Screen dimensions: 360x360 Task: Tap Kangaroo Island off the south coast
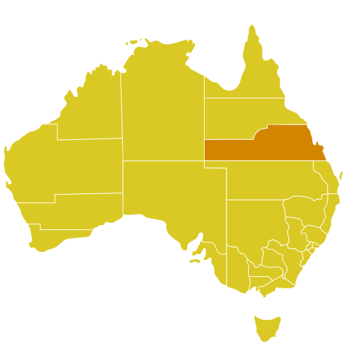pyautogui.click(x=194, y=261)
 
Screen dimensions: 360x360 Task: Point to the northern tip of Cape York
pyautogui.click(x=251, y=27)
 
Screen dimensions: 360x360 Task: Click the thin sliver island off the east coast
pyautogui.click(x=342, y=174)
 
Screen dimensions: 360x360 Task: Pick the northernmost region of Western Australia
pyautogui.click(x=91, y=105)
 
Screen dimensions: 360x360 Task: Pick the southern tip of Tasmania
pyautogui.click(x=264, y=342)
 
